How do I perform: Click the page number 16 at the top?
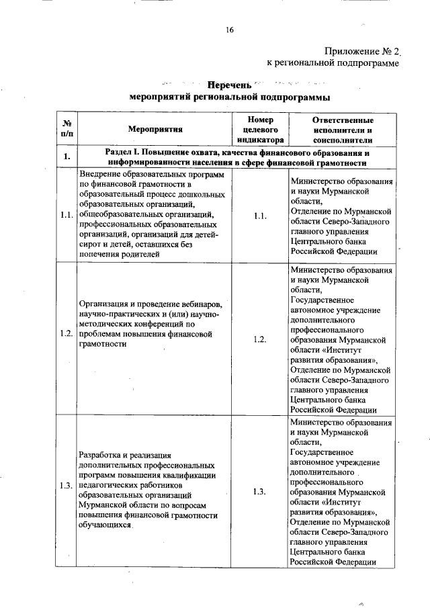(x=229, y=30)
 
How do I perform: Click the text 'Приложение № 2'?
(x=361, y=50)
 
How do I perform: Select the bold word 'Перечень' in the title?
(x=229, y=85)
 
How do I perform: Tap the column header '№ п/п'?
(x=67, y=130)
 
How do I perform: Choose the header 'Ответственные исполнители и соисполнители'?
(x=342, y=130)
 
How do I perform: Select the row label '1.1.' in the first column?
(x=67, y=216)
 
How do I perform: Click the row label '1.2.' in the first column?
(x=67, y=334)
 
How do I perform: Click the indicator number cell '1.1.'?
(x=261, y=216)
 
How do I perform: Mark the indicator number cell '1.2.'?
(x=261, y=339)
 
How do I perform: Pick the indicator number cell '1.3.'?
(x=261, y=491)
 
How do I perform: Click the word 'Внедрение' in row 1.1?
(x=101, y=173)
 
